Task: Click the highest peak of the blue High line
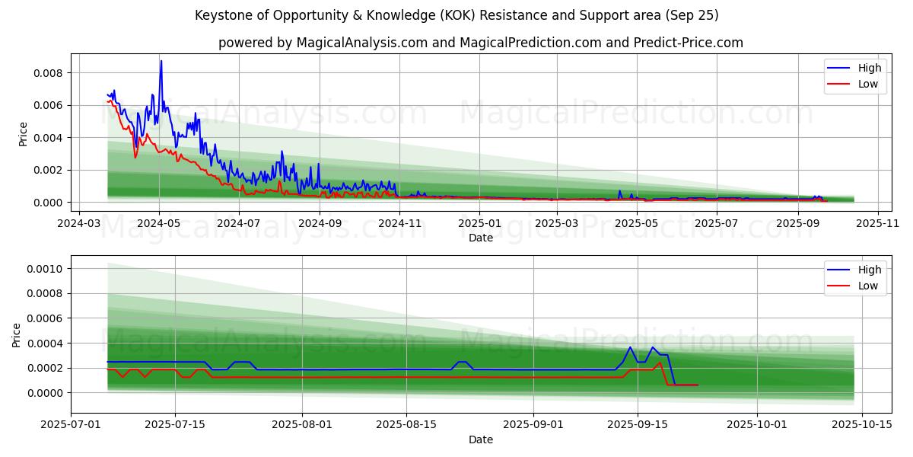[x=161, y=61]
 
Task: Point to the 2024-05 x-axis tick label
[x=159, y=223]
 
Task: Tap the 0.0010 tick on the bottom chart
[x=48, y=269]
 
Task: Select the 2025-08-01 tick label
[x=302, y=425]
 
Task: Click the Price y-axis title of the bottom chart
[x=17, y=335]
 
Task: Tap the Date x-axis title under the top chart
[x=480, y=238]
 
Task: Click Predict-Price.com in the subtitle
[x=690, y=43]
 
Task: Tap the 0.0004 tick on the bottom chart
[x=48, y=344]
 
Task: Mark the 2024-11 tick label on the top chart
[x=399, y=223]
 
